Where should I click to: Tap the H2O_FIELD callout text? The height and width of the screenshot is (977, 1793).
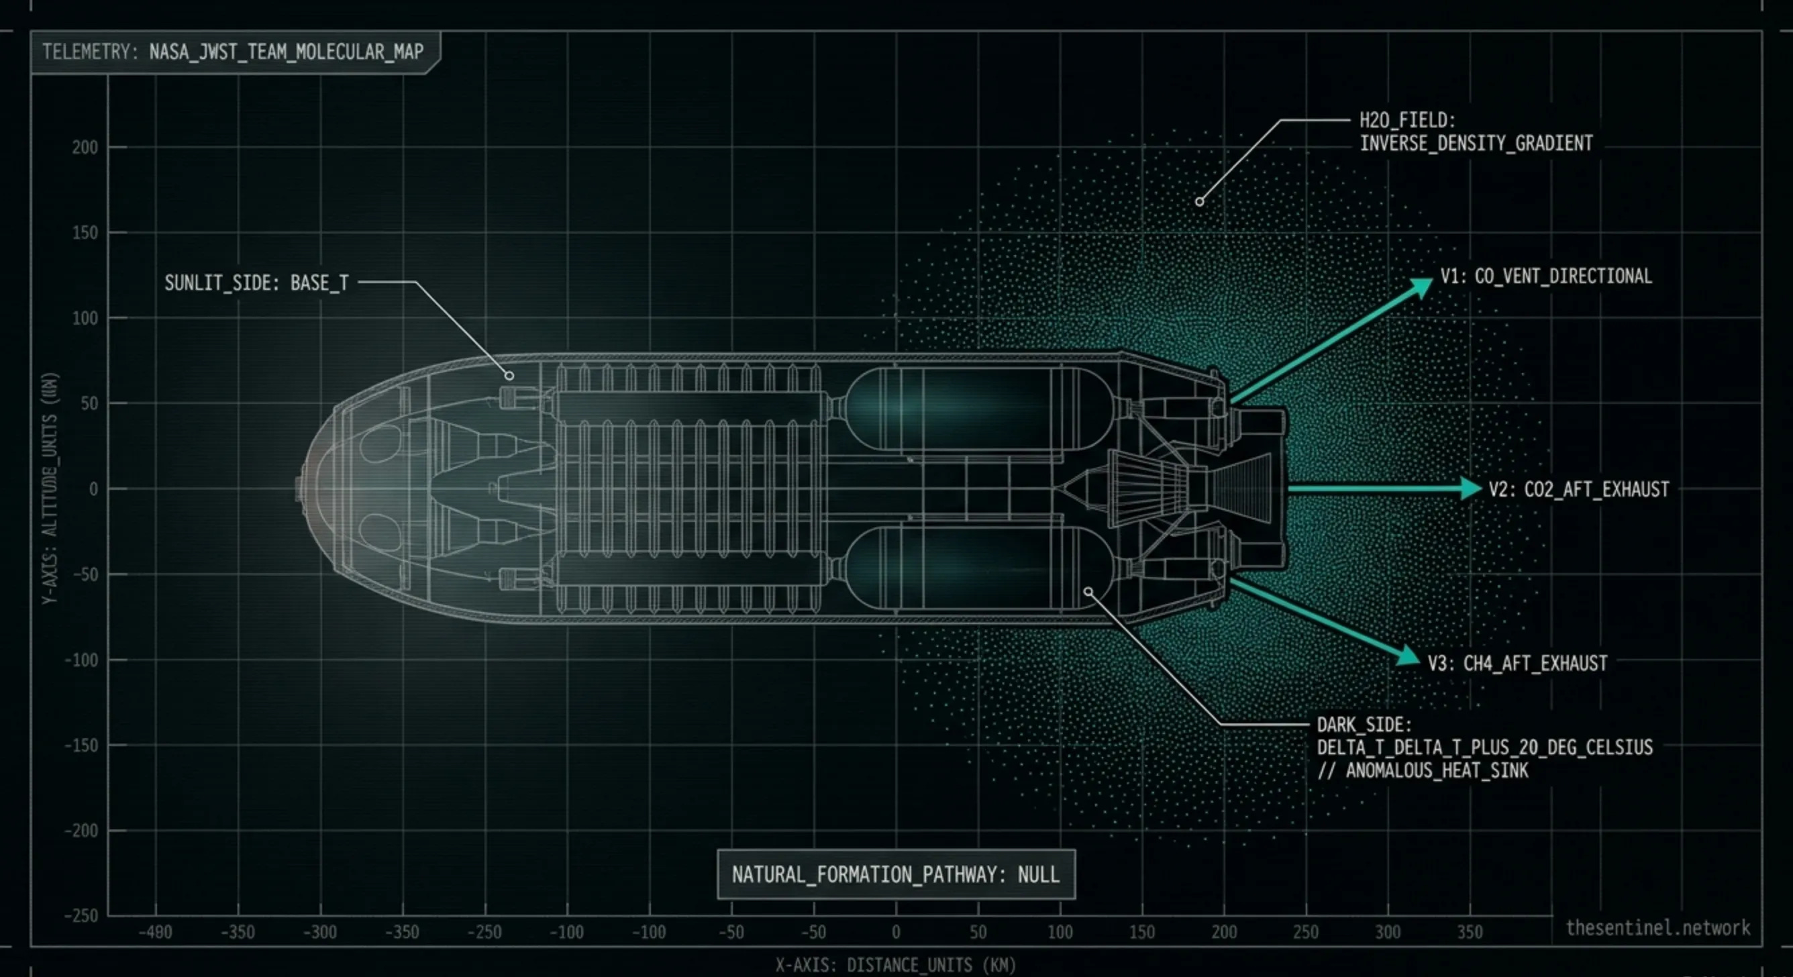1476,132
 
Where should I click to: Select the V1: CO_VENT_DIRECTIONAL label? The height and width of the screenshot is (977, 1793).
1545,276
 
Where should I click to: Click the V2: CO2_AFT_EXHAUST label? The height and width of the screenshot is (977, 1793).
1579,489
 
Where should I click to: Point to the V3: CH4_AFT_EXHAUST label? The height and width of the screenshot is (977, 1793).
1517,663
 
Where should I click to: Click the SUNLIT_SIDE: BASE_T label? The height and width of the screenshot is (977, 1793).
256,282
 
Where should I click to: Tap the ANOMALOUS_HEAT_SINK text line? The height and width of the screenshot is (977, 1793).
1423,770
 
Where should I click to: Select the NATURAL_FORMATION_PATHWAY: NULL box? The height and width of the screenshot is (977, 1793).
896,874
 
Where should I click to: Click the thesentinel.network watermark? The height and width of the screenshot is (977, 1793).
1657,927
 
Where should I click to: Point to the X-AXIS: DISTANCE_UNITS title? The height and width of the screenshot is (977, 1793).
896,965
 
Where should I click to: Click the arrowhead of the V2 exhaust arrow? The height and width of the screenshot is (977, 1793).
1471,488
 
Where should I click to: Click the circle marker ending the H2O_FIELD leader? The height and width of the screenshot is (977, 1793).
1199,202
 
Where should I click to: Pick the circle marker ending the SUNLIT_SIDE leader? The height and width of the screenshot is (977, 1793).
509,376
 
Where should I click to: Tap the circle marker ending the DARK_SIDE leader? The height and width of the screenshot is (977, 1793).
1088,591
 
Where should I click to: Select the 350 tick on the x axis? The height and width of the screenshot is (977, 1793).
1470,932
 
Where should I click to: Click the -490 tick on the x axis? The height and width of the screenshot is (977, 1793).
155,932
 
